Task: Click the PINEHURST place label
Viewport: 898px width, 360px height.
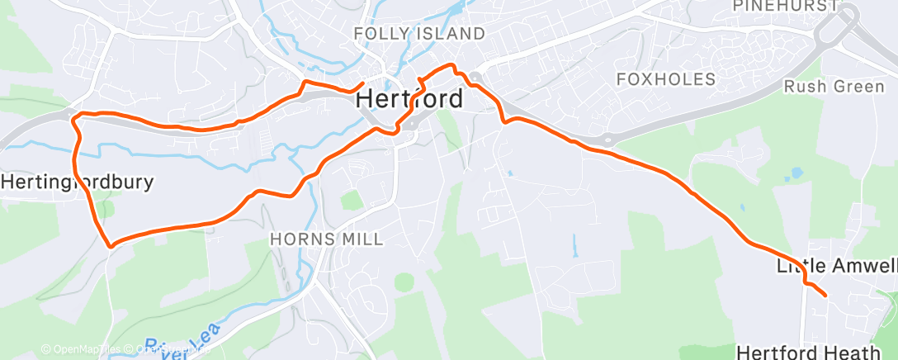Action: [x=785, y=6]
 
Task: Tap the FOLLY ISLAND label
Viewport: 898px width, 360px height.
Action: [x=418, y=34]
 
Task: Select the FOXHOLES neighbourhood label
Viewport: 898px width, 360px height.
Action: [x=666, y=79]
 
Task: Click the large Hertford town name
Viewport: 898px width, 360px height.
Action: [x=410, y=99]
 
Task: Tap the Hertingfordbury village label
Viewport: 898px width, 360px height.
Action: [x=77, y=182]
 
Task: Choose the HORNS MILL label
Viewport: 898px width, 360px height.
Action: [x=328, y=239]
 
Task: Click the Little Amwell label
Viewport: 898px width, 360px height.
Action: [x=835, y=267]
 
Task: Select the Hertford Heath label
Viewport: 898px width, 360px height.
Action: [x=808, y=353]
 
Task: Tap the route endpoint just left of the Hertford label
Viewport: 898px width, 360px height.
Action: [x=363, y=83]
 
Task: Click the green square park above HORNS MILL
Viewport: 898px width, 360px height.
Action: [x=352, y=200]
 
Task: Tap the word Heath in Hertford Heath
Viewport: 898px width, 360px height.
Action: [x=853, y=353]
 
